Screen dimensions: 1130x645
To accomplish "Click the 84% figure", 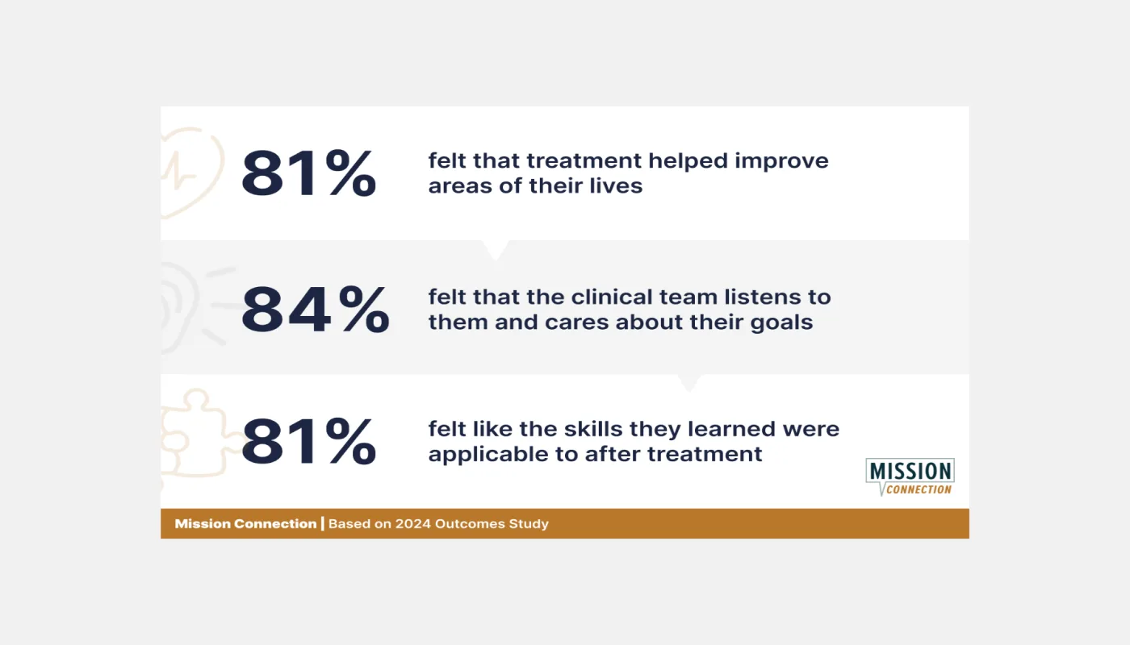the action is point(316,309).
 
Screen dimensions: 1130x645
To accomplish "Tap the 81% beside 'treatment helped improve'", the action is point(308,173).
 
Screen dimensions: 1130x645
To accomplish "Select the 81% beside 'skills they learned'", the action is point(308,442).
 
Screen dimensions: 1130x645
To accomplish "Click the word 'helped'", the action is point(688,160).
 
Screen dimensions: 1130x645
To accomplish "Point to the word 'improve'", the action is point(781,162).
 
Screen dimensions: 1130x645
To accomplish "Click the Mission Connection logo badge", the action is point(910,476).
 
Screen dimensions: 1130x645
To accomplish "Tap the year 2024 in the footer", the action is point(412,523).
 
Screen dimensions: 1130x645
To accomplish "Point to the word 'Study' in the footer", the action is point(529,524).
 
